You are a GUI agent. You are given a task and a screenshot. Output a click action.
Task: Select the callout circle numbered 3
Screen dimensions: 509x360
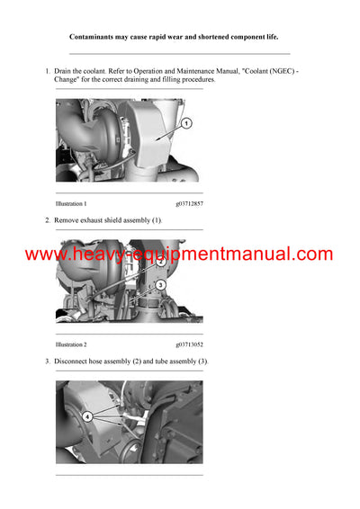(x=160, y=285)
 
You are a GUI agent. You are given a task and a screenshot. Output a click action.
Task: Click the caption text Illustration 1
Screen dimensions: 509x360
(x=71, y=204)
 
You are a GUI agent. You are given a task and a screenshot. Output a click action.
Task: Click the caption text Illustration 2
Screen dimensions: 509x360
(x=71, y=344)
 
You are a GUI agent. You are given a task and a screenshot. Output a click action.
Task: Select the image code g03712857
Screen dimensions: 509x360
(x=189, y=204)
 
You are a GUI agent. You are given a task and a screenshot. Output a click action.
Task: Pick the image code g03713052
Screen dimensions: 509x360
(x=189, y=344)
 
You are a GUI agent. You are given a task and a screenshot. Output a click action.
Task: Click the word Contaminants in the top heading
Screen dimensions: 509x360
(x=94, y=37)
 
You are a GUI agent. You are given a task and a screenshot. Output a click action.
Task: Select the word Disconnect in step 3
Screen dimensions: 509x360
(x=72, y=361)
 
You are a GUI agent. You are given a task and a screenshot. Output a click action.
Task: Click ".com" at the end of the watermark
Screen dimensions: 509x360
(x=314, y=254)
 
